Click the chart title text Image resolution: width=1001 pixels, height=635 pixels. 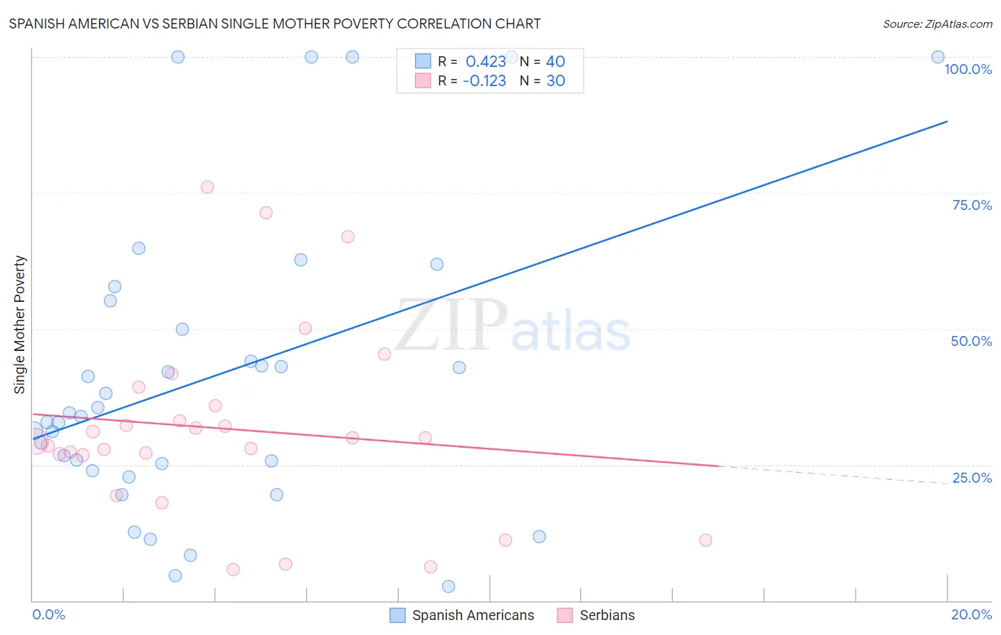(x=275, y=23)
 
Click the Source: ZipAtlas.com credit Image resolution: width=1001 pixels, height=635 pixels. (x=937, y=23)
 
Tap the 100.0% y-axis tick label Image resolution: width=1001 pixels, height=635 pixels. (x=968, y=69)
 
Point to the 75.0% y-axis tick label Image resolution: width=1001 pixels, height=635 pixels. (x=971, y=205)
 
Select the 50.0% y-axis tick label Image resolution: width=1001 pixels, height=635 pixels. (x=970, y=341)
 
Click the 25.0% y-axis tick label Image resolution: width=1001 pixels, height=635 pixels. (x=971, y=478)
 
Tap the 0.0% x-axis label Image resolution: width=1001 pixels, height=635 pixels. (x=48, y=614)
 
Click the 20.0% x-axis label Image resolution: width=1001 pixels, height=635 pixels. (x=971, y=614)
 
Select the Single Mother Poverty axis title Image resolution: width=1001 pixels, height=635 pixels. (x=20, y=325)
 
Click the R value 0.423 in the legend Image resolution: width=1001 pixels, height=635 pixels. (x=486, y=62)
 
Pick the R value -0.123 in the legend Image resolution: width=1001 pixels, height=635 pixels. (x=484, y=81)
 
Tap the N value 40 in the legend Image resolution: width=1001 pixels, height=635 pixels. (x=555, y=62)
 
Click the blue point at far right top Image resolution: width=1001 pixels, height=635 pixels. (x=938, y=57)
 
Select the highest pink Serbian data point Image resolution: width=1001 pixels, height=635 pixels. (x=207, y=187)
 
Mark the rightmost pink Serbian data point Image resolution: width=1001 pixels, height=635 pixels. (x=706, y=540)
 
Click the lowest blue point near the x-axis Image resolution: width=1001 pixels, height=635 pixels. (x=449, y=587)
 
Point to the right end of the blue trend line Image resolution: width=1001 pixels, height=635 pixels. (x=947, y=122)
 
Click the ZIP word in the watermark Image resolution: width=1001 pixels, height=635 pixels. (x=451, y=325)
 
